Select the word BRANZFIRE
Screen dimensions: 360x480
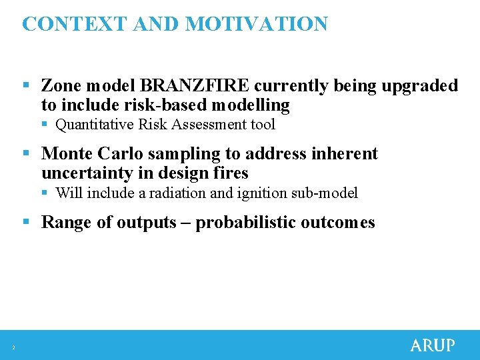(x=195, y=86)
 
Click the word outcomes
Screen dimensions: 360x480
(x=337, y=223)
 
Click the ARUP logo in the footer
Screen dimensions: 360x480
(x=432, y=345)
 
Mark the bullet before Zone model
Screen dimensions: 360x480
(x=26, y=86)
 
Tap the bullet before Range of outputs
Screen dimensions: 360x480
(x=26, y=223)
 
